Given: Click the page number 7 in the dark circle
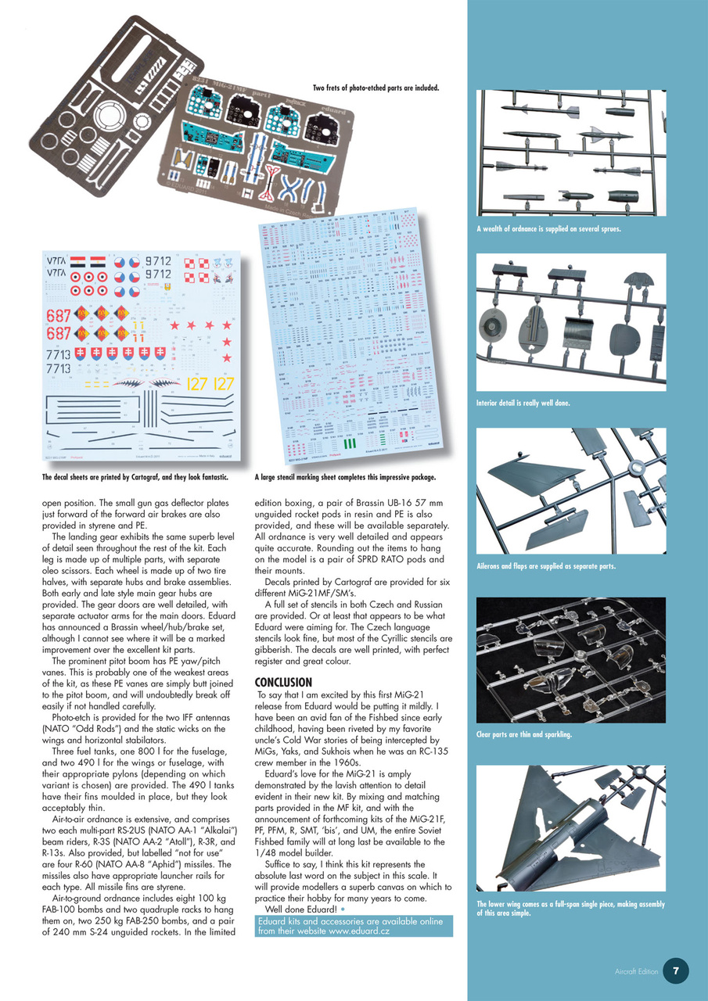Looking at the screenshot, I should pyautogui.click(x=676, y=971).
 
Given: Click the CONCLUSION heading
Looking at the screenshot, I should pyautogui.click(x=283, y=682).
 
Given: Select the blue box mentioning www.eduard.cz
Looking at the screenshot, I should pyautogui.click(x=354, y=926).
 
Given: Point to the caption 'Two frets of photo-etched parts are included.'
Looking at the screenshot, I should pyautogui.click(x=376, y=88).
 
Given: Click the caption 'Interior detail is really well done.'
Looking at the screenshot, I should pyautogui.click(x=523, y=404).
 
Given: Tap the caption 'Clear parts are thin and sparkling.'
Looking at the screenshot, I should pyautogui.click(x=524, y=734).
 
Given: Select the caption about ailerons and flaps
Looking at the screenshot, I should pyautogui.click(x=546, y=566).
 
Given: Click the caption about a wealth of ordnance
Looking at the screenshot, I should pyautogui.click(x=548, y=229).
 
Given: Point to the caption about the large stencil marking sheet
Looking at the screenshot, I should pyautogui.click(x=345, y=476).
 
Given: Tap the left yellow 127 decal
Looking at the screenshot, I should pyautogui.click(x=198, y=383).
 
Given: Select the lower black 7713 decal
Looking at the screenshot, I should pyautogui.click(x=58, y=368).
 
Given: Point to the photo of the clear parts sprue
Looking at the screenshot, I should pyautogui.click(x=571, y=659).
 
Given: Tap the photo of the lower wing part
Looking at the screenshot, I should pyautogui.click(x=571, y=829).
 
